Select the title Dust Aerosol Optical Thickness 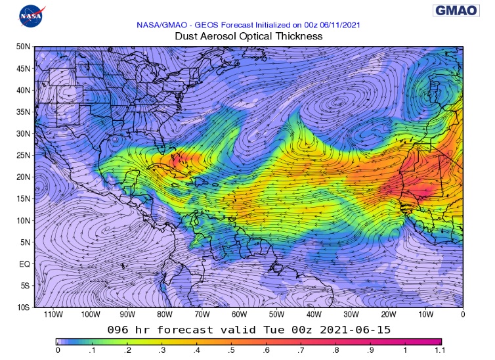click(x=249, y=36)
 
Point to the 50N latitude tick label click(x=24, y=47)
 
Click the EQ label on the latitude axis click(x=25, y=263)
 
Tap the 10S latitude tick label click(x=24, y=307)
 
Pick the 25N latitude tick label click(x=24, y=155)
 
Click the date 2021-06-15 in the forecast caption click(x=355, y=328)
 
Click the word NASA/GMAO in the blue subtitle click(x=160, y=25)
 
